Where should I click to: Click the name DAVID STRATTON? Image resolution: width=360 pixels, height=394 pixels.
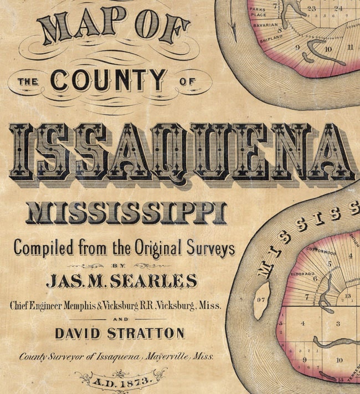coord(120,333)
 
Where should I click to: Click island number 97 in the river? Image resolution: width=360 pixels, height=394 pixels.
coord(261,300)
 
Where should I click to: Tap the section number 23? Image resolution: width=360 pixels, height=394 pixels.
coord(312,8)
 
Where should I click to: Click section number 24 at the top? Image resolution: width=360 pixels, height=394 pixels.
coord(338,8)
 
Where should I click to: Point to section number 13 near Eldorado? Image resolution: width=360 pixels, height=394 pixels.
coord(347,296)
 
